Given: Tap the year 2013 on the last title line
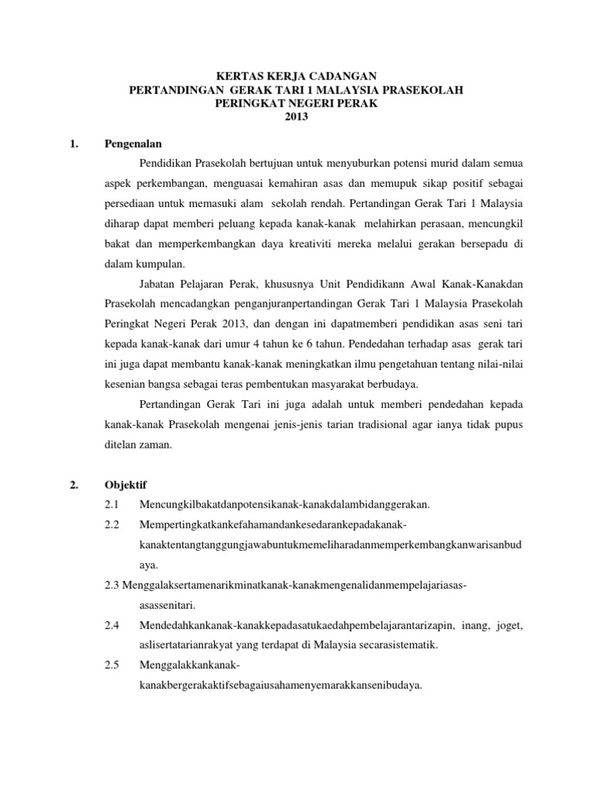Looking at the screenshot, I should (x=296, y=117).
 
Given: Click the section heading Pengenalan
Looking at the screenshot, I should (x=133, y=144).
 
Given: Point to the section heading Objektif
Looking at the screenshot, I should (x=125, y=485).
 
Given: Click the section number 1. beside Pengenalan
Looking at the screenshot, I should (x=74, y=144).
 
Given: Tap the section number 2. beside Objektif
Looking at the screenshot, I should (x=74, y=485).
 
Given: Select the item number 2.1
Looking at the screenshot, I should (x=113, y=505).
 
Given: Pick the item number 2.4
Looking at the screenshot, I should (x=113, y=625).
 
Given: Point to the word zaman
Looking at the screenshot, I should (x=158, y=444).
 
